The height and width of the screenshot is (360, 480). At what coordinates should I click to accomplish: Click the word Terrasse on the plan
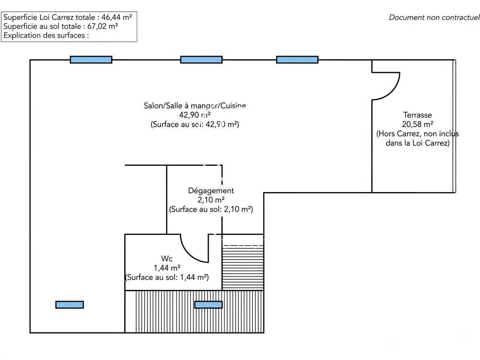[x=417, y=115]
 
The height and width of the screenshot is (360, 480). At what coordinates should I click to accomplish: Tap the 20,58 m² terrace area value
[x=417, y=124]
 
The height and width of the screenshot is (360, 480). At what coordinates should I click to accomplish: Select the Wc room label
[x=167, y=259]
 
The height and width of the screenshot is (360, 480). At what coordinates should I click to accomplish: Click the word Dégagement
[x=211, y=191]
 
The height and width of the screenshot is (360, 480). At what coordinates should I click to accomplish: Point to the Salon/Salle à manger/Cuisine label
[x=195, y=106]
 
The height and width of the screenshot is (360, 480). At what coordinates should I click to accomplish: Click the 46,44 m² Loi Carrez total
[x=117, y=17]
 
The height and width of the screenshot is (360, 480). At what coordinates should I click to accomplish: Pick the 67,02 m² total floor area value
[x=102, y=26]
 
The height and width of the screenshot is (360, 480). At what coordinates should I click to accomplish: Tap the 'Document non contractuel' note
[x=434, y=17]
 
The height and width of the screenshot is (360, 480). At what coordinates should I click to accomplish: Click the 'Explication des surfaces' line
[x=46, y=35]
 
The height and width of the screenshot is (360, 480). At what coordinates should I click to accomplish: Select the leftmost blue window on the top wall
[x=91, y=60]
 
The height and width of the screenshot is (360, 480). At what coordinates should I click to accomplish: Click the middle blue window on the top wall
[x=201, y=60]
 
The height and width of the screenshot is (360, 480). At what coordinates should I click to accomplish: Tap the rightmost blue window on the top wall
[x=297, y=60]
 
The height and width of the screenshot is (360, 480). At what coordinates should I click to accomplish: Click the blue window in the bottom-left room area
[x=70, y=305]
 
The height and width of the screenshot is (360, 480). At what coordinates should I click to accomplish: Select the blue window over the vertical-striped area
[x=208, y=305]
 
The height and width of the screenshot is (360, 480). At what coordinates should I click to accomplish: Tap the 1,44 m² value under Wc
[x=167, y=268]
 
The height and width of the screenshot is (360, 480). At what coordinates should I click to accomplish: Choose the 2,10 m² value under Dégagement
[x=211, y=200]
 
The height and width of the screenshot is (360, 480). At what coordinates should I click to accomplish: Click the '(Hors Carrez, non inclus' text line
[x=417, y=134]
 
